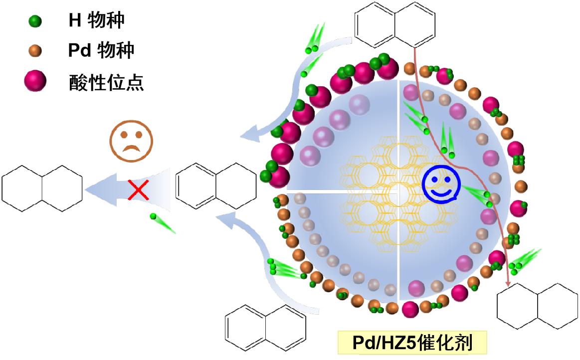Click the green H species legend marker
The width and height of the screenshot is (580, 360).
pos(35,21)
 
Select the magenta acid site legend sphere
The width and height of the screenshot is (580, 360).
pos(35,81)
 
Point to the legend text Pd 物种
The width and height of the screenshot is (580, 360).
pos(101,50)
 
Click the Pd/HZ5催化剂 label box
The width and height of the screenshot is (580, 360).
pos(411,343)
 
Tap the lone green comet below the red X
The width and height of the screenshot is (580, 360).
pos(163,223)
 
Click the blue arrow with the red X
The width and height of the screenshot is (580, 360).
pos(125,188)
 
